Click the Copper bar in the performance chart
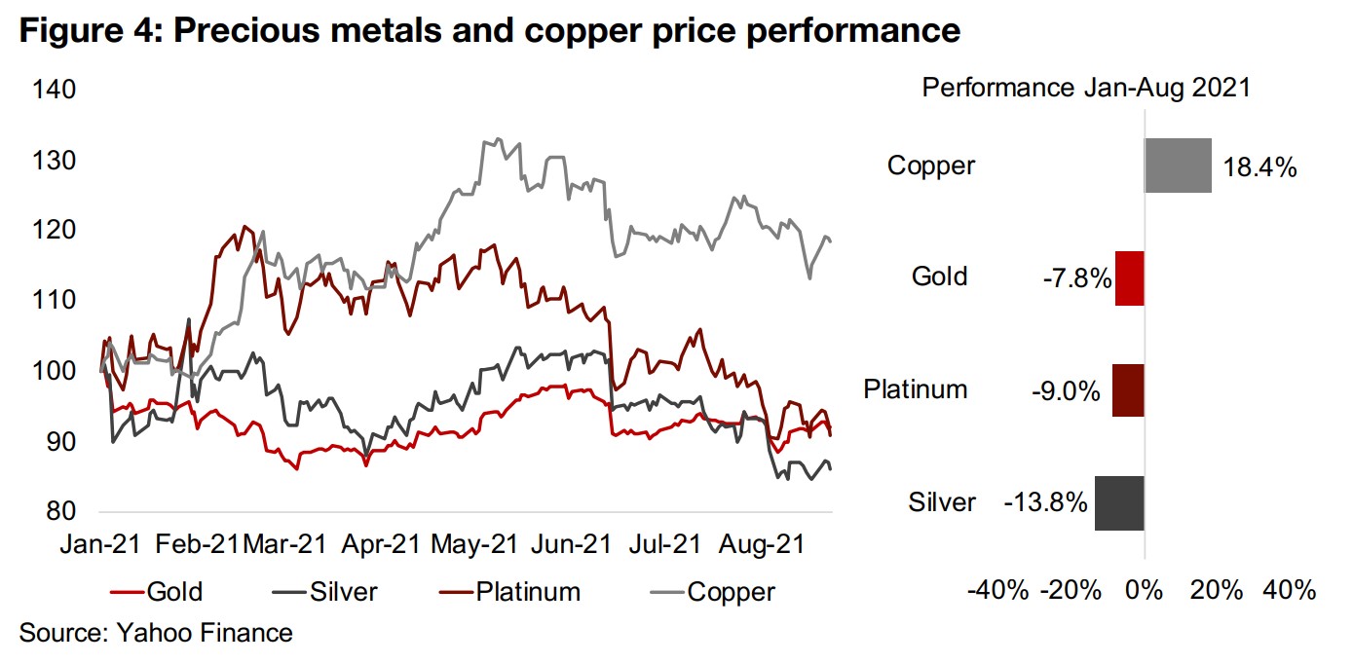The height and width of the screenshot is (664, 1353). click(1178, 165)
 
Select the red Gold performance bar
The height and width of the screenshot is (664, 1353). click(1130, 277)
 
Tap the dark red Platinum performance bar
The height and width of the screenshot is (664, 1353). click(1128, 390)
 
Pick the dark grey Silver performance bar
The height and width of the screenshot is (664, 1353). click(1119, 502)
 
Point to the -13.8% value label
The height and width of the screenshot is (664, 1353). click(1045, 503)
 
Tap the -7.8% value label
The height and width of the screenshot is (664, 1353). click(1075, 279)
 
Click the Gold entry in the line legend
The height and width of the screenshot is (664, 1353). click(173, 591)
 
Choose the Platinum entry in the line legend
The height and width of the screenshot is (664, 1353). click(527, 591)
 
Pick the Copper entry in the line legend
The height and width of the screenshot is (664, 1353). click(731, 591)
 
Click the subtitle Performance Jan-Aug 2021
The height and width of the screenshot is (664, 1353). click(1086, 88)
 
